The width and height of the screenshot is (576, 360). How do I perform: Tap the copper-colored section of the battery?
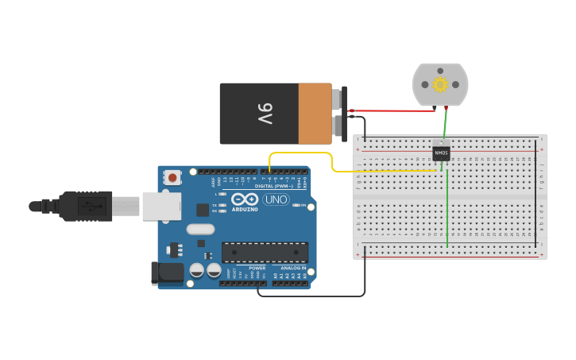tap(315, 114)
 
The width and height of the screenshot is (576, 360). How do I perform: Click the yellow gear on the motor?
tap(440, 84)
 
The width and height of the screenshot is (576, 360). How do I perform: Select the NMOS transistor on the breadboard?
tap(441, 153)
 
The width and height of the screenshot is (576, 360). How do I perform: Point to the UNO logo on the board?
tap(276, 199)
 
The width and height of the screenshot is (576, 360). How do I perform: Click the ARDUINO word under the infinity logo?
tap(245, 209)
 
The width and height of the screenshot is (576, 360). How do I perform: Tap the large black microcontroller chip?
tap(265, 252)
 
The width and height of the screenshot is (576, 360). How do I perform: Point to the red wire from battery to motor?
tap(389, 110)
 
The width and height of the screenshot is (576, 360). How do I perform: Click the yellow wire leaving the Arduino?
tap(302, 153)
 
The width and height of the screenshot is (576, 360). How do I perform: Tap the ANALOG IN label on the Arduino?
tap(292, 269)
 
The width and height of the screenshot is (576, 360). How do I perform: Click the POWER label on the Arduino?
tap(257, 269)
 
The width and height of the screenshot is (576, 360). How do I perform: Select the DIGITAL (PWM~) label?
tap(272, 186)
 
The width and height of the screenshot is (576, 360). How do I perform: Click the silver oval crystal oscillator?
tap(200, 230)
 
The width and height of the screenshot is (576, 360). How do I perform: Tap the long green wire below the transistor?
tap(447, 211)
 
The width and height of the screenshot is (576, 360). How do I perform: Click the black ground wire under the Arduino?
tap(318, 296)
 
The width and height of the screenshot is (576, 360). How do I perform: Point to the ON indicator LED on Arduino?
tap(296, 205)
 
